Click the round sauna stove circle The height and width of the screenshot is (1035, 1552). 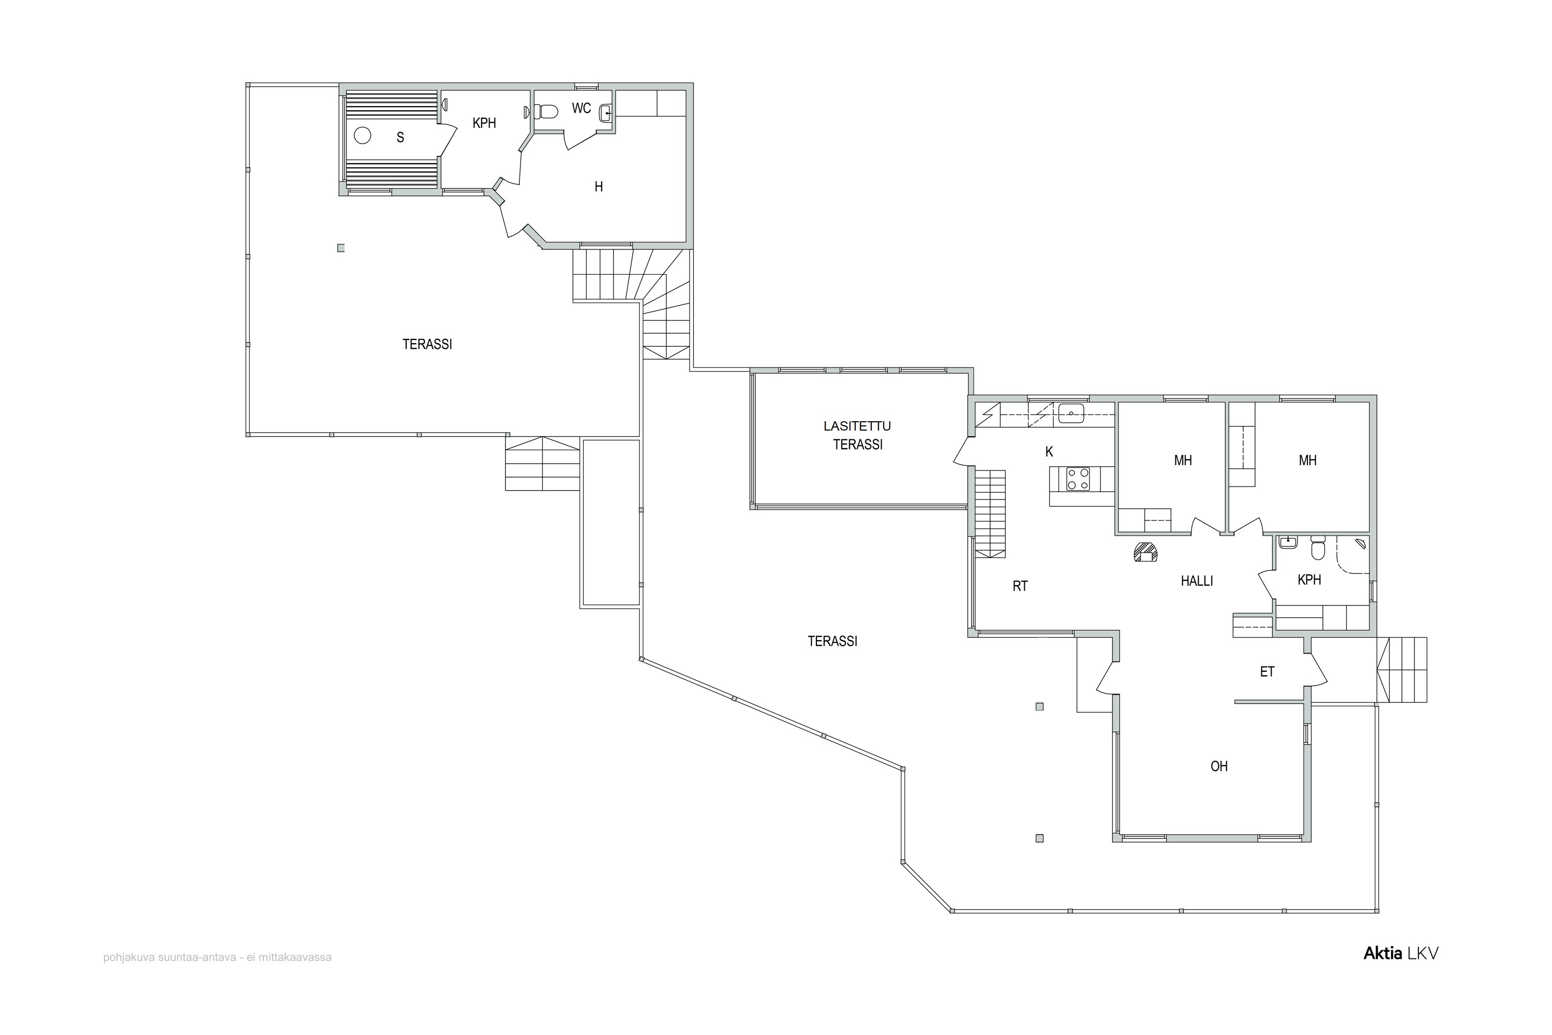362,135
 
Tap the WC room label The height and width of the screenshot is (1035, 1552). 581,108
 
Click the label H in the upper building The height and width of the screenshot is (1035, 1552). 599,187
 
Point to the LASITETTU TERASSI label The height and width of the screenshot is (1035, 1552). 857,436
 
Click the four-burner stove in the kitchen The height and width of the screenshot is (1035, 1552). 1078,479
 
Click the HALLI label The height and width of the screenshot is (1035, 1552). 1197,581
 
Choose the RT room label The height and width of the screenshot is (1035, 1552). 1020,585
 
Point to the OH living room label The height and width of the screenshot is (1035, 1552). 1219,766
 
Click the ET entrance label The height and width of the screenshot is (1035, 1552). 1267,672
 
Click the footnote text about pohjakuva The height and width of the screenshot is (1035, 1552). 217,957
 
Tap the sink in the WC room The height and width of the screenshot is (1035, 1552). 606,113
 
